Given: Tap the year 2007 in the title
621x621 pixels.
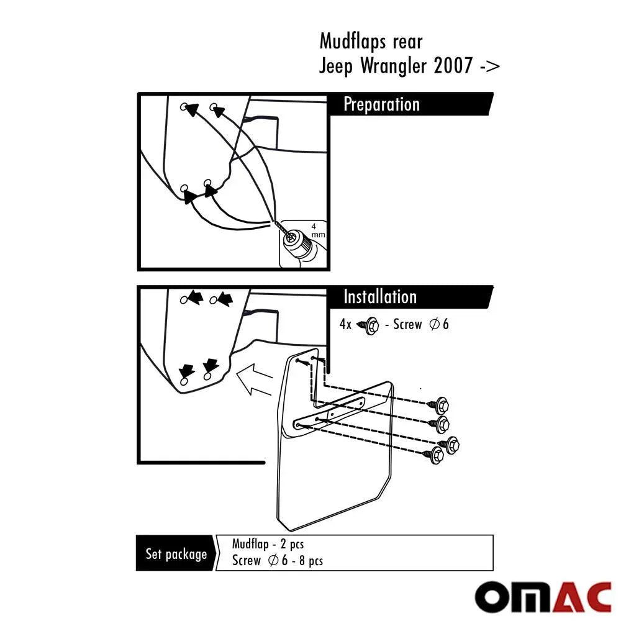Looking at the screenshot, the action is pos(453,65).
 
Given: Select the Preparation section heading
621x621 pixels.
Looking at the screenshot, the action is pos(381,104).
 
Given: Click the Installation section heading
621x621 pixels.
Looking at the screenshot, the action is pos(380,297).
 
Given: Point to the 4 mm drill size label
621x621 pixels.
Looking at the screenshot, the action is pos(317,230).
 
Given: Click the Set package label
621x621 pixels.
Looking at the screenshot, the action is pos(176,553).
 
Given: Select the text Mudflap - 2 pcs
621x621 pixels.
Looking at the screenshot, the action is pos(268,544).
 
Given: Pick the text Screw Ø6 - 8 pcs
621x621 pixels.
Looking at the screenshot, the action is pos(277,560).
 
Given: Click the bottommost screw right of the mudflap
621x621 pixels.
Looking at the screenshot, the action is pos(433,455).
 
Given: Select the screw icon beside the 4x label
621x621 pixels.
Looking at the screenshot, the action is pos(368,325).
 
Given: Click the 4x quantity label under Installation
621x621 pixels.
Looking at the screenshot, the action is pos(345,324).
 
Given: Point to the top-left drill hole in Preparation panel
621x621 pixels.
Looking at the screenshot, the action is pos(184,107).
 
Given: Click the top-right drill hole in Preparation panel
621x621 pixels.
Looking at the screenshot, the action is pos(214,107).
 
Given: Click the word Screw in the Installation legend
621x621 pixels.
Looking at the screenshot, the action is pos(407,324).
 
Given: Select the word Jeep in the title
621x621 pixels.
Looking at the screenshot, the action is pos(336,66).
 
